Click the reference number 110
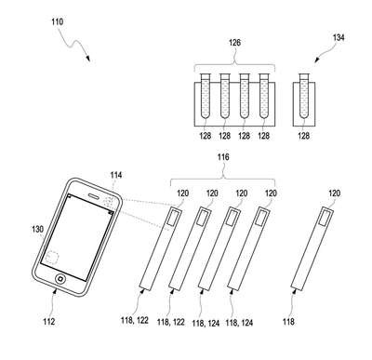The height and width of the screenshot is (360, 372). click(x=58, y=22)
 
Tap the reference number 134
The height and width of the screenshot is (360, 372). click(x=339, y=37)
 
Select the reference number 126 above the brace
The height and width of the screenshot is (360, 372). click(x=234, y=43)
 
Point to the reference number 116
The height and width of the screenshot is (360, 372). click(x=223, y=157)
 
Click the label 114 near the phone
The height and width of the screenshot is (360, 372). click(x=116, y=176)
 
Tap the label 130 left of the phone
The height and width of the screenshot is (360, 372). click(x=38, y=230)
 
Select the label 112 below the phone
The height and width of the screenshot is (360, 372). click(x=49, y=322)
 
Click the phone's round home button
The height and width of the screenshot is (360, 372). click(x=60, y=279)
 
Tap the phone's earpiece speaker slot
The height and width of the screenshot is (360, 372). click(x=94, y=196)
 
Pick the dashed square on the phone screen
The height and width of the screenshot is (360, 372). click(x=52, y=257)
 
